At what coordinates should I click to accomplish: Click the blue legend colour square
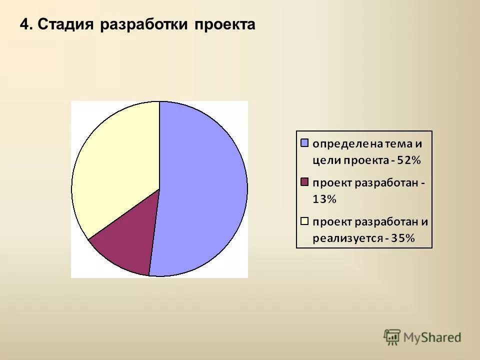304,143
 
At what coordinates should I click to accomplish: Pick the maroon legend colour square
304,182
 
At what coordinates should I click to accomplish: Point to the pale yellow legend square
304,220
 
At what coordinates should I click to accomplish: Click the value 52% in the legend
409,160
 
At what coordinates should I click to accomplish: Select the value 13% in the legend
324,199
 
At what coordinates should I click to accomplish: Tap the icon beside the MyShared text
392,336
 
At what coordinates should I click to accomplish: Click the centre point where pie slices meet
159,189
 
